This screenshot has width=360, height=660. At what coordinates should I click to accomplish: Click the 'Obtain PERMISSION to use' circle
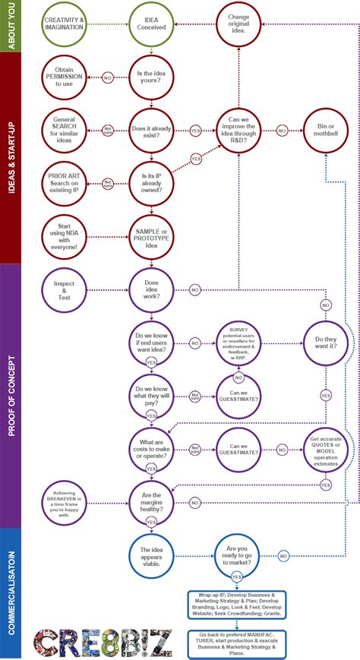pos(65,77)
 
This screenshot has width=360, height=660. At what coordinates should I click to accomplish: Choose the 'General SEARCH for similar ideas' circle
pos(65,130)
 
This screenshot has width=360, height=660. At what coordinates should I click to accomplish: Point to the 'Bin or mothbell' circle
pos(325,130)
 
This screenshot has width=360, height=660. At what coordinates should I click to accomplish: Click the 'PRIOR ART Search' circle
pos(65,183)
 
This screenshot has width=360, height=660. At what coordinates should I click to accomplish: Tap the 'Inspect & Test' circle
pos(65,290)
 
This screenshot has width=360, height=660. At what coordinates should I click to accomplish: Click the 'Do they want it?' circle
pos(325,343)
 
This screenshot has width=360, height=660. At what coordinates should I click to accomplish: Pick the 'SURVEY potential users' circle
pos(238,343)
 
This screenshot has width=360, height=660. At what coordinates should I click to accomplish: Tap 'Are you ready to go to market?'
pos(238,555)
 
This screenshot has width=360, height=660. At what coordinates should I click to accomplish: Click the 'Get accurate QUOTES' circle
pos(325,450)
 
